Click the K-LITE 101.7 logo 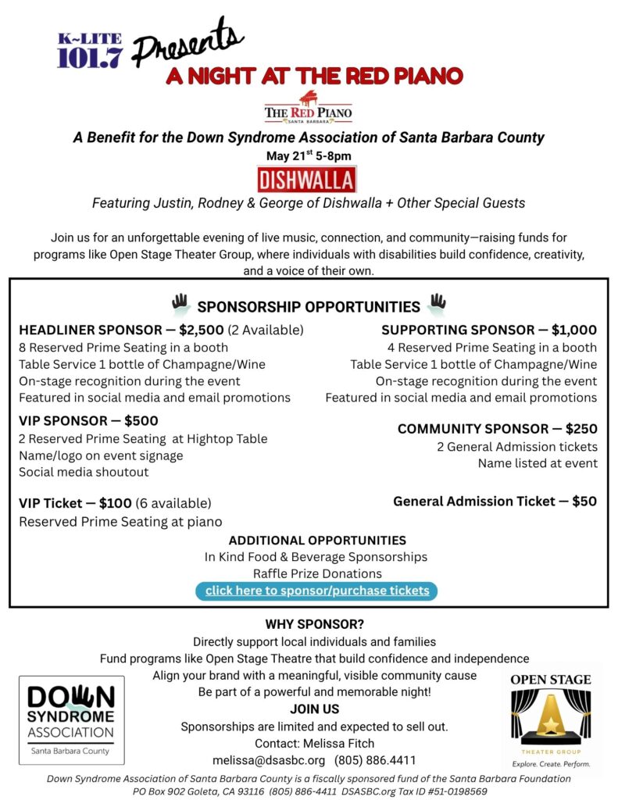[x=89, y=50]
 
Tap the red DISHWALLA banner [x=307, y=180]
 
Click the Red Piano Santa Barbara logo [x=308, y=108]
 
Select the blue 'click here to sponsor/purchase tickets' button [x=317, y=591]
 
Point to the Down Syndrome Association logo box [x=72, y=720]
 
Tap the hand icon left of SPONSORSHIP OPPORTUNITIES [x=181, y=304]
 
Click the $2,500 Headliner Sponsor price [x=202, y=330]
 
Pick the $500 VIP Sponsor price [x=141, y=420]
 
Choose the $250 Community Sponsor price [x=577, y=429]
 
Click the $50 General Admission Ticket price [x=584, y=502]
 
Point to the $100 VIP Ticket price [x=116, y=503]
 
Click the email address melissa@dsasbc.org [x=269, y=760]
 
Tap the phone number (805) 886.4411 [x=375, y=760]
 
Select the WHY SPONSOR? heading [x=314, y=625]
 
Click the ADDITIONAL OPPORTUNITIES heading [x=317, y=541]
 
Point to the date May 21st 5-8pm [x=309, y=156]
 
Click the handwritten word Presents [x=188, y=45]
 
